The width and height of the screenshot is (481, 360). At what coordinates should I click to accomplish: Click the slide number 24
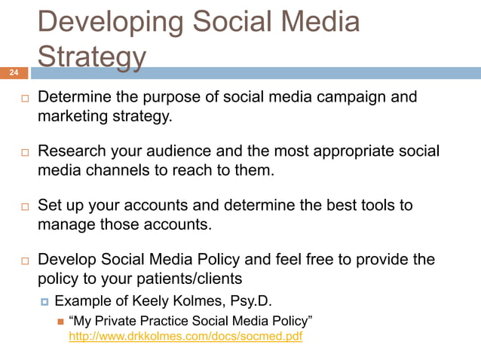(14, 73)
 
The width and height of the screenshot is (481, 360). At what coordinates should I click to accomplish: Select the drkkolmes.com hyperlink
(185, 337)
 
